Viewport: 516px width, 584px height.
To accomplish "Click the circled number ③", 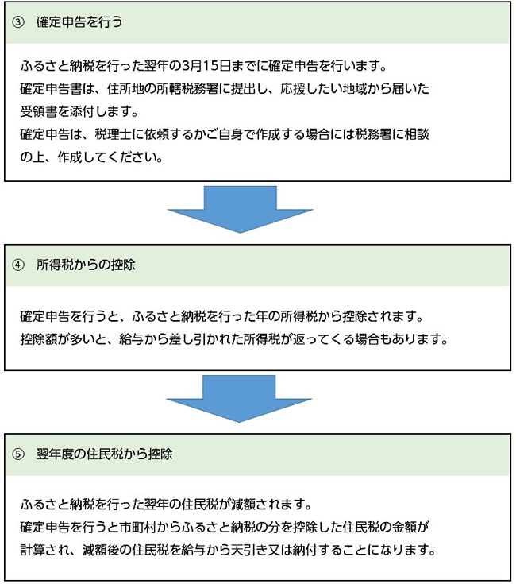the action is [x=17, y=22].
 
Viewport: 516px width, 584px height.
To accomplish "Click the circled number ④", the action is [x=17, y=265].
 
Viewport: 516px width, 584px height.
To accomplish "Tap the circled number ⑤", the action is [x=17, y=454].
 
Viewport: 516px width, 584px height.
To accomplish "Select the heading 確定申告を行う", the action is [x=79, y=22].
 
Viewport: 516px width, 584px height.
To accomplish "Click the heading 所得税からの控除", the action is [x=86, y=265].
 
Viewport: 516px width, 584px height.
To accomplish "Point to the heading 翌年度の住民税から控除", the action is [x=104, y=454].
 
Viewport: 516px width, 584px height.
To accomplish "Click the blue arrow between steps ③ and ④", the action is [x=240, y=209].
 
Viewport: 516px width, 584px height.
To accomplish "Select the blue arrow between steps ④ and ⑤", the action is [x=239, y=399].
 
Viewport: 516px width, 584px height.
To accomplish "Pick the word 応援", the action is [x=293, y=89].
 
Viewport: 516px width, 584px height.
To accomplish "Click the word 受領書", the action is [x=39, y=111].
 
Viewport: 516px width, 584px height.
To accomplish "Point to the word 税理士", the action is [x=113, y=134].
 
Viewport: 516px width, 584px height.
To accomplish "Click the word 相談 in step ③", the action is [x=417, y=134].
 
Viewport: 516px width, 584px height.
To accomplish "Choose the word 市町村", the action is [x=137, y=528].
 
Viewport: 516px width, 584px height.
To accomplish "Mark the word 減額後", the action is [x=101, y=550].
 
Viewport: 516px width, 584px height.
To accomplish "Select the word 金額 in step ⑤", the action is [x=404, y=528].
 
